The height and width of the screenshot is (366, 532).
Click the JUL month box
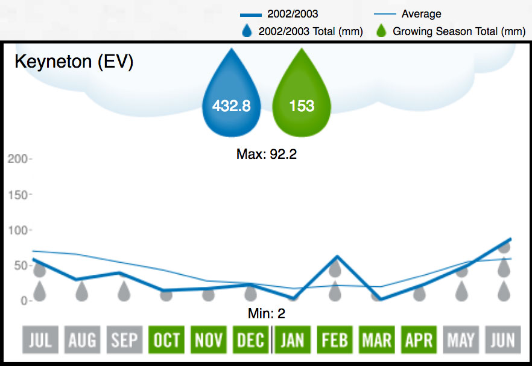40,340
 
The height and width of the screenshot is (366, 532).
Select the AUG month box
82,340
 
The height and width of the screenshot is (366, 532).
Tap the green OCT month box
166,340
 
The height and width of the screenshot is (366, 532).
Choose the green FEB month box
335,340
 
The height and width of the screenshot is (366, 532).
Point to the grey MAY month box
461,340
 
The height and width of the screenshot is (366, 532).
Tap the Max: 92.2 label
267,154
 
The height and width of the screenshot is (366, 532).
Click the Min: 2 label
266,313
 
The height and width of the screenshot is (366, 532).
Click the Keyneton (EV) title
74,62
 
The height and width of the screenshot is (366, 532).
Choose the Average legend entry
421,14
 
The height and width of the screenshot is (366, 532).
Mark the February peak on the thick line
335,256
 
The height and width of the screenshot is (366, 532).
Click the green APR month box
419,340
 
